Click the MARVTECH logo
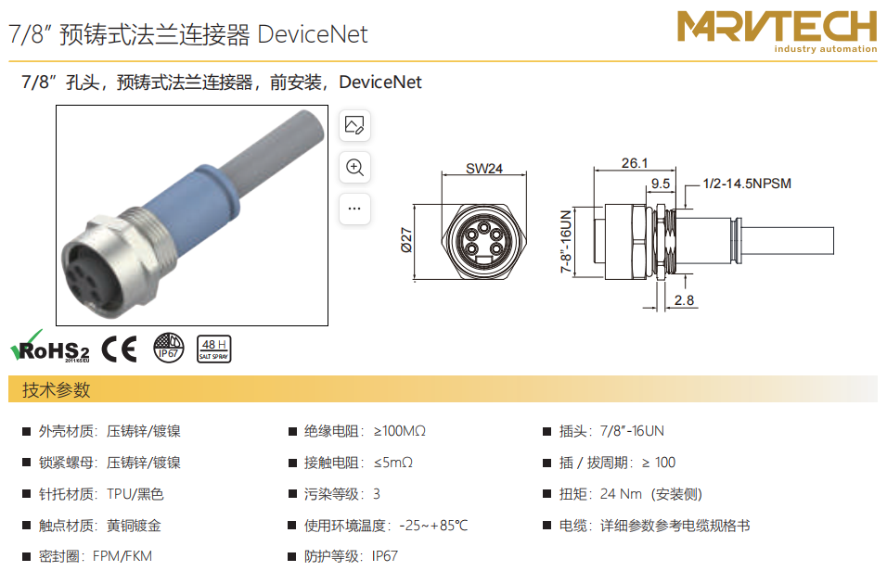[x=777, y=32]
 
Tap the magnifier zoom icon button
[x=354, y=168]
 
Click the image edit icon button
[x=354, y=125]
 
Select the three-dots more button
[x=354, y=209]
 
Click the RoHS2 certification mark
[x=50, y=347]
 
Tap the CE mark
[x=120, y=349]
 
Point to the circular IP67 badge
[x=169, y=348]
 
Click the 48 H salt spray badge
[x=213, y=349]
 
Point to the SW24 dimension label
[x=484, y=169]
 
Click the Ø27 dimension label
[x=406, y=240]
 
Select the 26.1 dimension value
[x=634, y=163]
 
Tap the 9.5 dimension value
[x=661, y=184]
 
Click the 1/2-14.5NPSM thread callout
[x=747, y=184]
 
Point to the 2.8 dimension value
[x=684, y=300]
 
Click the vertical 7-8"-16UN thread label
[x=566, y=241]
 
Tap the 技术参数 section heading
[x=56, y=389]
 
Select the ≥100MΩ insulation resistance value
[x=399, y=431]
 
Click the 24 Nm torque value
[x=621, y=494]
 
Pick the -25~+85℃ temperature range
[x=433, y=526]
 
